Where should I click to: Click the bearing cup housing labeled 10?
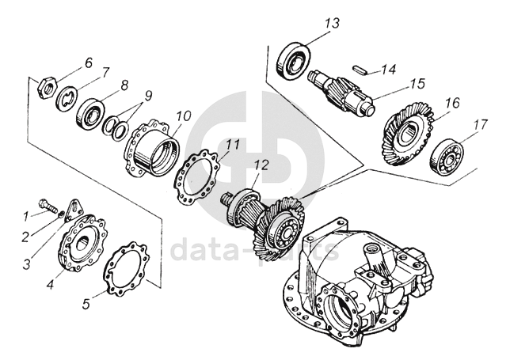152,148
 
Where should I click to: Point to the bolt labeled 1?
48,205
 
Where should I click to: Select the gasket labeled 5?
127,268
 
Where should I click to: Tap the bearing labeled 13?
293,61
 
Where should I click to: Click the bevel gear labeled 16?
409,134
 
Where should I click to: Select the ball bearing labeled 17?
447,157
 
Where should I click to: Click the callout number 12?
261,165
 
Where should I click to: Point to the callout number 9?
147,96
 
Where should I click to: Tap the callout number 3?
26,263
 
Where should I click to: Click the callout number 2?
25,237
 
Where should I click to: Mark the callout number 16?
453,104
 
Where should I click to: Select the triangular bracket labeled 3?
71,210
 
